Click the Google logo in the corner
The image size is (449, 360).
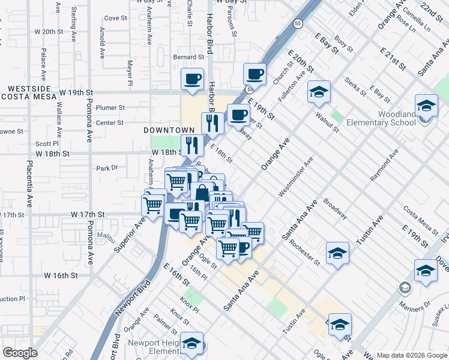pos(19,353)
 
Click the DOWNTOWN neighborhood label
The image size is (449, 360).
pos(169,130)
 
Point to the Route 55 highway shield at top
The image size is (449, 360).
pos(298,23)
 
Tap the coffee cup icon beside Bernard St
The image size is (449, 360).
pos(192,79)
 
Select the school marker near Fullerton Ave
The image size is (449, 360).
pos(319,92)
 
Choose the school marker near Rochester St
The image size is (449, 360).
pos(337,253)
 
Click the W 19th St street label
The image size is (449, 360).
pos(78,93)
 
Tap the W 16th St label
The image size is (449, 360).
pos(61,275)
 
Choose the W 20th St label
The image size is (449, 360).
pos(49,32)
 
